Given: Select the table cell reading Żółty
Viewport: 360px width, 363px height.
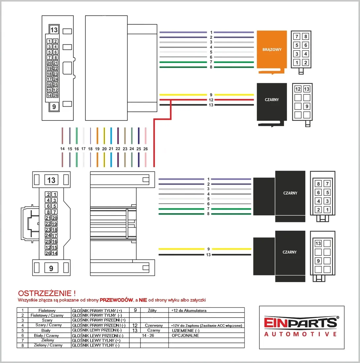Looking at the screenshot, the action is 152,311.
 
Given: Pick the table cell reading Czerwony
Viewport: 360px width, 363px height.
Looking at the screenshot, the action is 154,325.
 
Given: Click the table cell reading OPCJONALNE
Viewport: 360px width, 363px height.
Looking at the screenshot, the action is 185,336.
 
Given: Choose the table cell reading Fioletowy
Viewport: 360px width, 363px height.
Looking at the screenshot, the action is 47,311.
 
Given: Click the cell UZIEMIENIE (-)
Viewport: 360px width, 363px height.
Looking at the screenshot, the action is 185,331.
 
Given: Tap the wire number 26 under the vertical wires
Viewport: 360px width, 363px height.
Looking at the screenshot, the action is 146,149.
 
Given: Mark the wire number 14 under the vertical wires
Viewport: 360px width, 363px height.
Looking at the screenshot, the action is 62,149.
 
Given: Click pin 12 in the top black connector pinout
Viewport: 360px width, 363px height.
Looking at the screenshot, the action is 298,89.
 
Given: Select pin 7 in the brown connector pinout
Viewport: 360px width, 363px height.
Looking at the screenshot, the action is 297,36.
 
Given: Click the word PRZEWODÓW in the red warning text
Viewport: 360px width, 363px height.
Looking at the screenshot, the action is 116,300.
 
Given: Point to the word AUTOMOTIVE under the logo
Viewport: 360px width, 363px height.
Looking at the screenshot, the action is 300,334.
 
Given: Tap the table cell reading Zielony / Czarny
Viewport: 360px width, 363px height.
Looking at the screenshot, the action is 48,345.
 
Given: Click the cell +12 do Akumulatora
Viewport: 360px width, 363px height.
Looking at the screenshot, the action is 189,311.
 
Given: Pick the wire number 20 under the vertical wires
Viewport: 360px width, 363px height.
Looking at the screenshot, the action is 104,149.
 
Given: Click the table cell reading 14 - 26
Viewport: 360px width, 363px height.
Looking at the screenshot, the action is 148,336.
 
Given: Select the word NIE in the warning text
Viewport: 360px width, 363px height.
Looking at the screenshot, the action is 143,300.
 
